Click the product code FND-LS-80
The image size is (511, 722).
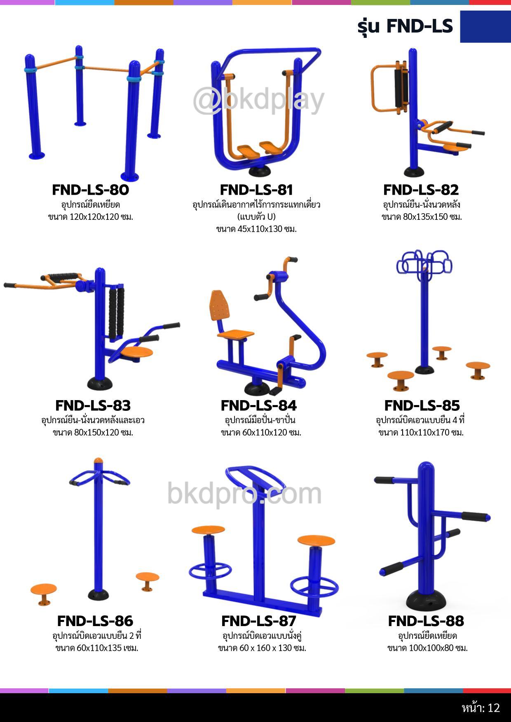90,190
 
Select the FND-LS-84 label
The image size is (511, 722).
258,405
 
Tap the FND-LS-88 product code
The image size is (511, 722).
426,621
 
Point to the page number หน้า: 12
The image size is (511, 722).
481,708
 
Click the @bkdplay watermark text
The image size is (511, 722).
259,100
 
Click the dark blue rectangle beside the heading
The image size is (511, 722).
485,27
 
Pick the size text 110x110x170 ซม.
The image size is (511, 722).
432,433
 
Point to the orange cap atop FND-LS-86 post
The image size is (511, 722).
98,461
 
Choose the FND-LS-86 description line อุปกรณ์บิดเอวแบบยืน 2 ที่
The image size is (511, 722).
97,636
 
